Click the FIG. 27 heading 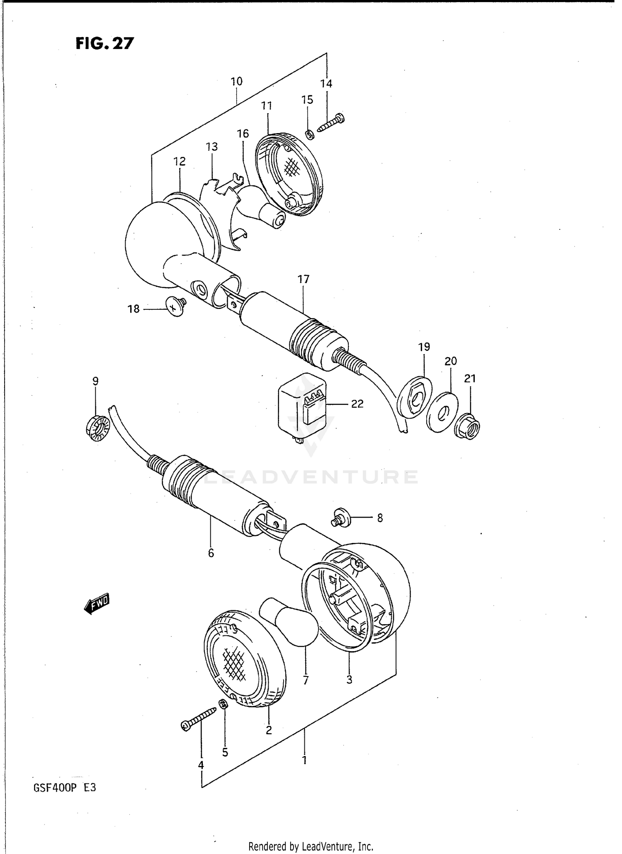[x=104, y=43]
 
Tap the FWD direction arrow [x=96, y=603]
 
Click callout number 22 [x=357, y=404]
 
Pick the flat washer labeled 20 [x=442, y=412]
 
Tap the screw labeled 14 [x=331, y=123]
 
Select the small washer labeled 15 [x=309, y=135]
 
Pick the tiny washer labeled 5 [x=223, y=704]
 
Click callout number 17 [x=304, y=280]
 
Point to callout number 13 [x=211, y=147]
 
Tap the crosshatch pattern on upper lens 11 [x=293, y=168]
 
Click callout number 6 [x=211, y=553]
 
